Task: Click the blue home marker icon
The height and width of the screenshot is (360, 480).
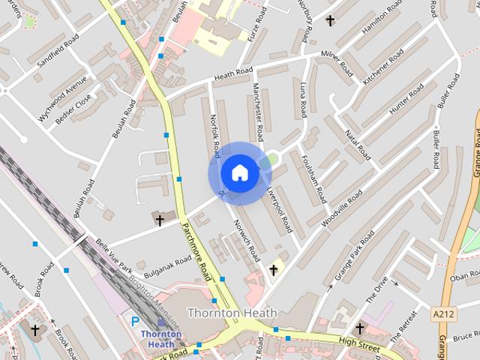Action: pos(239,172)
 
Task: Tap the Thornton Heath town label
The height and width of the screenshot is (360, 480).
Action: pos(232,313)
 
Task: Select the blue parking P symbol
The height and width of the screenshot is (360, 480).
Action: pos(136,321)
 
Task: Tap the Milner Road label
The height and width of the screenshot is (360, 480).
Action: pos(337,63)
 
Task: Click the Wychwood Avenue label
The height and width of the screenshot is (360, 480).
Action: pos(62,103)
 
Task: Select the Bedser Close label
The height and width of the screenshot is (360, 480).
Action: pos(74,113)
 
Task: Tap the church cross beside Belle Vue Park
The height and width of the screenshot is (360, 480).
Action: pos(159,219)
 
